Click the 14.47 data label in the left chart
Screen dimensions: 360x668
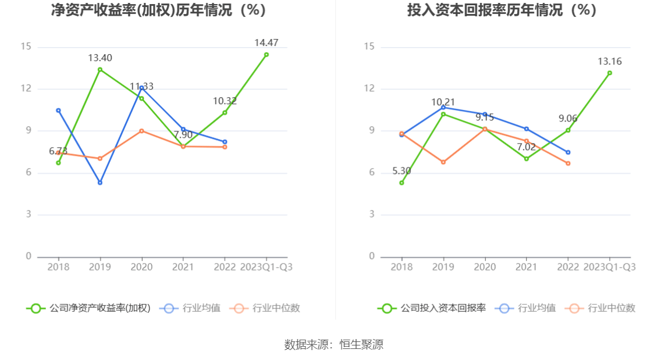266,42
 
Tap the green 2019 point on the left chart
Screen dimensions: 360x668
100,70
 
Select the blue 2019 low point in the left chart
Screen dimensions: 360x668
100,183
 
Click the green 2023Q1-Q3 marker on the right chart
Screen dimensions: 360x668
609,73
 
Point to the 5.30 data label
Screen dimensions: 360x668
401,171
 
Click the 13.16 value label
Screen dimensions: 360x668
609,62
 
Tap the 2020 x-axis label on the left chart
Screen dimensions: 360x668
141,267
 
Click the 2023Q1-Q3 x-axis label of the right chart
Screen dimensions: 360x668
609,267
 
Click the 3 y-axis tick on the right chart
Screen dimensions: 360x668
372,215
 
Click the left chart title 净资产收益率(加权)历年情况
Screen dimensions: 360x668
159,10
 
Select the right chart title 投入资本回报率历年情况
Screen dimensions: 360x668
502,10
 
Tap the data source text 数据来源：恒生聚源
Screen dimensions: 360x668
334,344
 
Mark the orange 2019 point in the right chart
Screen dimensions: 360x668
443,162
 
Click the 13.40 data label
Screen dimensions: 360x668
100,58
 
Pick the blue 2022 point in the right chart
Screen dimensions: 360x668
568,152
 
